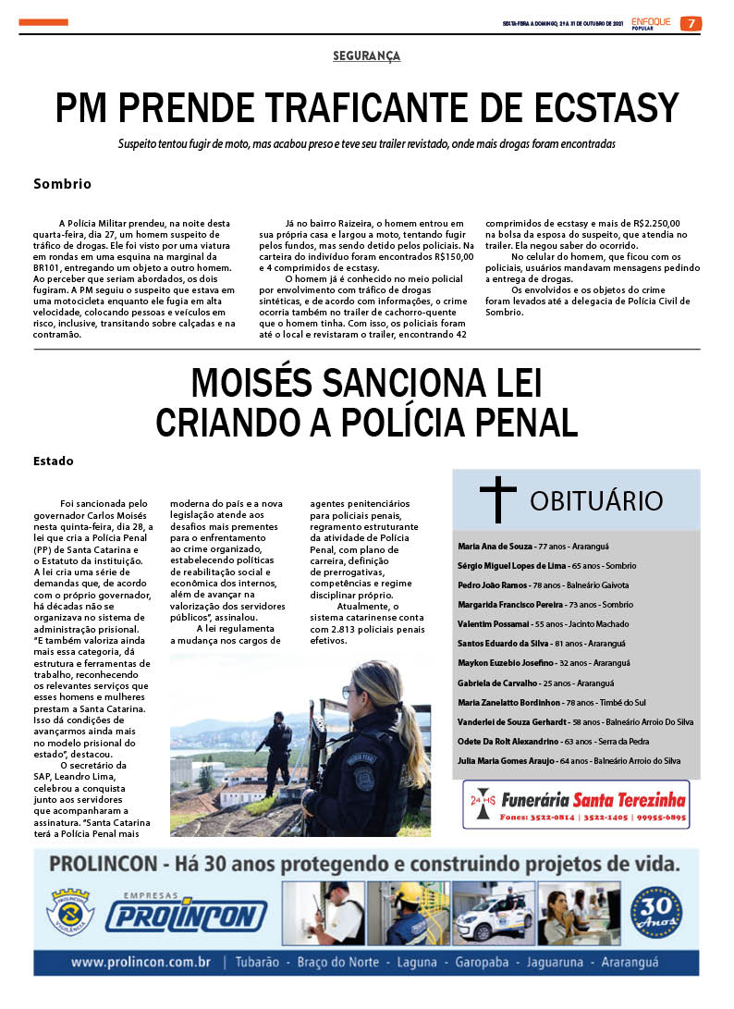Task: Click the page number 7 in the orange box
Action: pos(691,24)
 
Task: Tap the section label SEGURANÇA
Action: pos(366,56)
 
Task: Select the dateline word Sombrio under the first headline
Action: pos(62,184)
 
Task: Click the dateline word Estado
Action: pos(53,461)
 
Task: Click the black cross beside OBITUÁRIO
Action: pos(497,500)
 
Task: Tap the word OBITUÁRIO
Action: pos(596,501)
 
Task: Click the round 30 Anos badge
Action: pos(655,914)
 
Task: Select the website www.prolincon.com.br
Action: pos(141,963)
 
